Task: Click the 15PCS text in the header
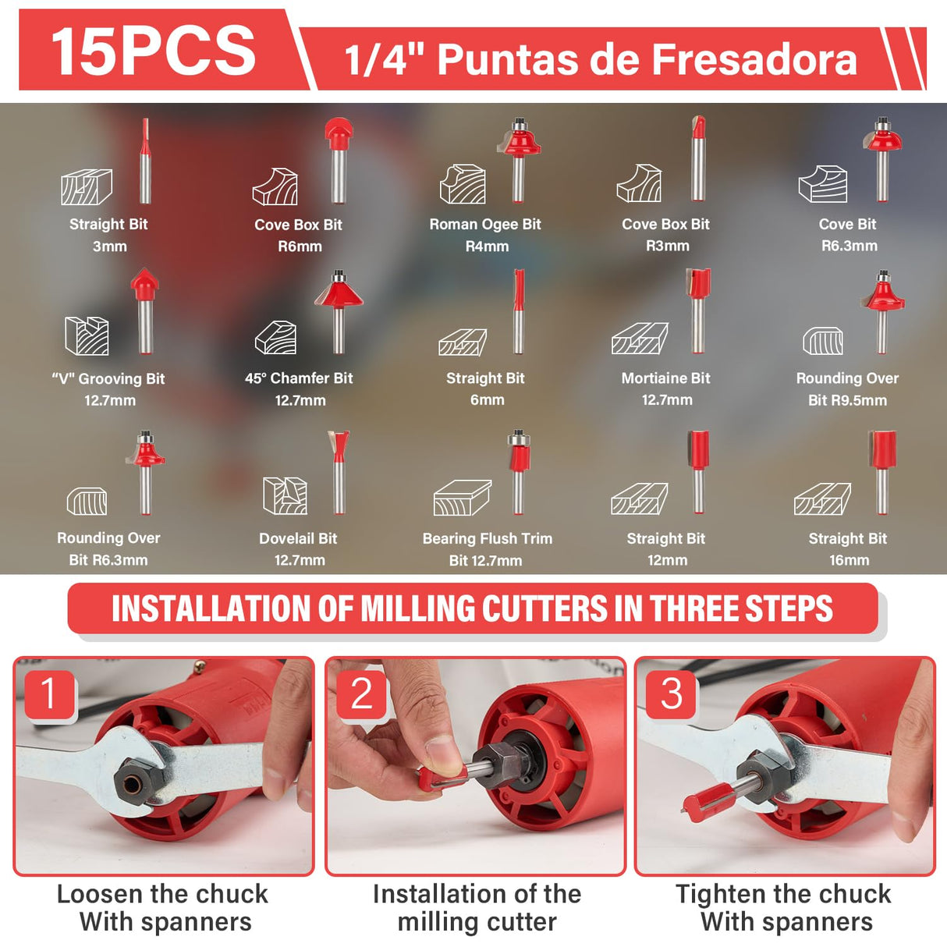[154, 51]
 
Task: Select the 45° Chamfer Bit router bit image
[339, 311]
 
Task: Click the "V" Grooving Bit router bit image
[144, 311]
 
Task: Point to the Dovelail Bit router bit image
[339, 472]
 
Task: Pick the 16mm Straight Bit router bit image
[882, 472]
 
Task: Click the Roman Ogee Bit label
[485, 225]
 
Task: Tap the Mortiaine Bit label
[666, 378]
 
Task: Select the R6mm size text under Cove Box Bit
[300, 247]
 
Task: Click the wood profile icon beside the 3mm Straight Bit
[87, 186]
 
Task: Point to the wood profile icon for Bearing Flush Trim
[463, 498]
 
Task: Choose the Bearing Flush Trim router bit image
[519, 472]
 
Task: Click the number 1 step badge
[49, 693]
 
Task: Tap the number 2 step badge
[362, 693]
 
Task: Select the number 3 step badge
[672, 693]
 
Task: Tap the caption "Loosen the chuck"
[163, 894]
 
